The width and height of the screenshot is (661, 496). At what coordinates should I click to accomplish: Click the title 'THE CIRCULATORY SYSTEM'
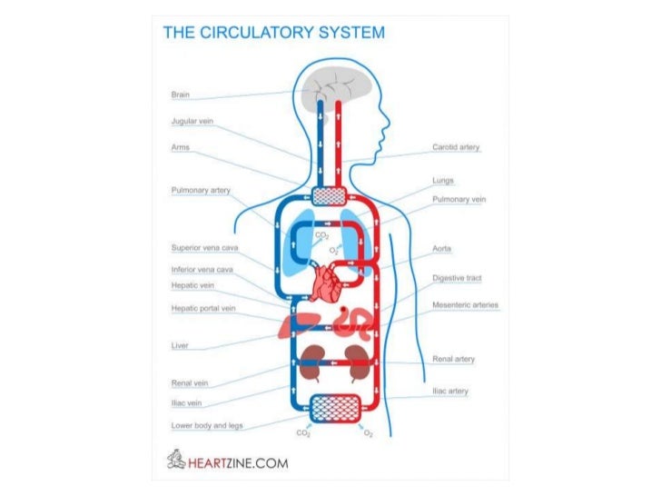point(273,33)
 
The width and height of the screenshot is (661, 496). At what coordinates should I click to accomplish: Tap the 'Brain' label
point(180,95)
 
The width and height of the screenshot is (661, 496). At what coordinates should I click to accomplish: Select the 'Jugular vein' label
point(192,121)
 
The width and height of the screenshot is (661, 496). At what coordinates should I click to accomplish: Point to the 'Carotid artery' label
point(456,147)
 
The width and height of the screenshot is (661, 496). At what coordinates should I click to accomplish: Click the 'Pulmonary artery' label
point(201,191)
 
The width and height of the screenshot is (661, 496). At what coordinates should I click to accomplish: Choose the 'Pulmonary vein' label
point(459,199)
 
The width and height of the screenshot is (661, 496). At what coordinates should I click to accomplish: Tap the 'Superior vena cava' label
point(205,247)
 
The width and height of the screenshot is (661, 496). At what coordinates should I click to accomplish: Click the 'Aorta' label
point(442,247)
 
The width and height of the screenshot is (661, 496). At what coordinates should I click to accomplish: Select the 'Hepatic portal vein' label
point(203,308)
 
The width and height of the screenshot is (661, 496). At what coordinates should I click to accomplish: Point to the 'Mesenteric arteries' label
point(465,304)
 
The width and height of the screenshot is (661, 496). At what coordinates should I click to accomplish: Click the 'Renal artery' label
point(453,359)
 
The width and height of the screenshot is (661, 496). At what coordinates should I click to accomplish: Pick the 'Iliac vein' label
point(186,402)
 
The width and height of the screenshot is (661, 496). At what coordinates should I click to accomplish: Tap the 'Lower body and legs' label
point(206,425)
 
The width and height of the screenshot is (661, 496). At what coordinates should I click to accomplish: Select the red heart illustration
point(324,284)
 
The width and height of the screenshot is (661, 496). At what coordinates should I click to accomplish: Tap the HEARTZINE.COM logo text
point(239,462)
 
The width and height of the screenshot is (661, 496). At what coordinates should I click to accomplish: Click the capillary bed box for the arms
point(330,196)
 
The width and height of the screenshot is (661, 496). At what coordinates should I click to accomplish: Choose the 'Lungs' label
point(443,181)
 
